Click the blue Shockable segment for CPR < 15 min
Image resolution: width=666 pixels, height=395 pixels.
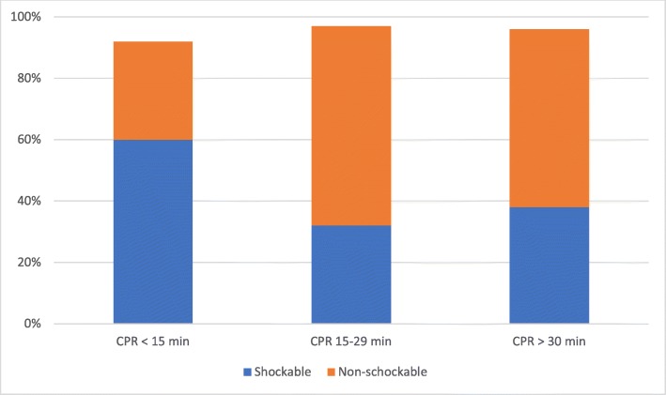(153, 232)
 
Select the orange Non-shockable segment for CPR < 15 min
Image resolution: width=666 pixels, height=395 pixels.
(153, 90)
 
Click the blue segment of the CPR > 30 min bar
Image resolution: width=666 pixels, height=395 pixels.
(549, 265)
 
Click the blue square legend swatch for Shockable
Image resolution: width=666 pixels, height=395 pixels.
(247, 372)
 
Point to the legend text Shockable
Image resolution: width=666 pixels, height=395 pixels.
(281, 372)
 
